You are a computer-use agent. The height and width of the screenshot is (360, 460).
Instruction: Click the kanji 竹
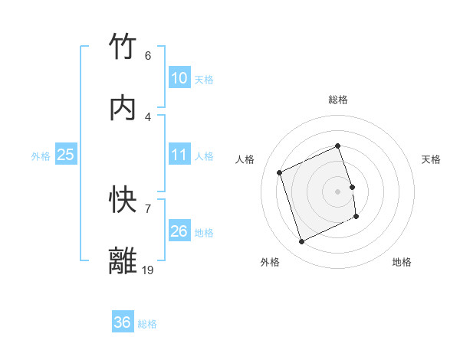[123, 47]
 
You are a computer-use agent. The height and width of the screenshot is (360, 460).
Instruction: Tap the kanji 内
[123, 109]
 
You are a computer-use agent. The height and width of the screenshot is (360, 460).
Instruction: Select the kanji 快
[123, 201]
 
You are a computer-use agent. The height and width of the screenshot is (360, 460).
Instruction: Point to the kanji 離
[123, 262]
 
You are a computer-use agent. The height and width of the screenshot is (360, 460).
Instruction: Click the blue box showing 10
[179, 78]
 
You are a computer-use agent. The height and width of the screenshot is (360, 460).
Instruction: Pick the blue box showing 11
[179, 155]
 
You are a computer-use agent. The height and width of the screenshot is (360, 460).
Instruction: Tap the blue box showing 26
[179, 231]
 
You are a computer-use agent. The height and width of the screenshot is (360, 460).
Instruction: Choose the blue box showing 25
[65, 155]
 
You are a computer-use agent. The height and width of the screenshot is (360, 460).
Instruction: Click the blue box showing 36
[122, 322]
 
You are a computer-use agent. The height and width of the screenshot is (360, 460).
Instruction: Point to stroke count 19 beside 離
[148, 270]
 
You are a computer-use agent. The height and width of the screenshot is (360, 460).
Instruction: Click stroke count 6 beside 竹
[148, 56]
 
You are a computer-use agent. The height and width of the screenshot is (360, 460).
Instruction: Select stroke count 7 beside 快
[148, 208]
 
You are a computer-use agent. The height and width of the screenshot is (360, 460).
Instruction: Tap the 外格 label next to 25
[41, 155]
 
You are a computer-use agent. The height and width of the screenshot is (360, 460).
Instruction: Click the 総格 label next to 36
[147, 324]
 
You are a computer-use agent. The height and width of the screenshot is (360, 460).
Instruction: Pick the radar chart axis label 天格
[431, 159]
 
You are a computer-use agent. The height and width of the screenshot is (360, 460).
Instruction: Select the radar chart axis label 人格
[245, 159]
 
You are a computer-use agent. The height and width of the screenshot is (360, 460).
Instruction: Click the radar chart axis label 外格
[270, 262]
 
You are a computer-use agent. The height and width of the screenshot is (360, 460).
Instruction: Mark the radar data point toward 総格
[337, 146]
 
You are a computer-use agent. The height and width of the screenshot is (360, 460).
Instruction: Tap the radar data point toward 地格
[357, 217]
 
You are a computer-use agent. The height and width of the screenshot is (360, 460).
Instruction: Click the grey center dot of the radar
[337, 191]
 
